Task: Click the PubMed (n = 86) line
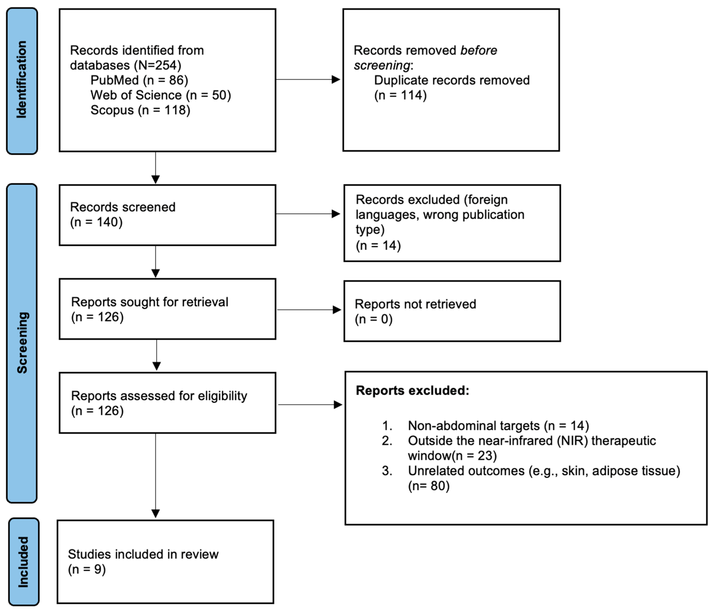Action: pos(139,80)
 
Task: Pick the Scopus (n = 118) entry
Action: pos(140,110)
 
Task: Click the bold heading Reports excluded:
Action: pos(412,391)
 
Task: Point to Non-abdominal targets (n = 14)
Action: pos(498,426)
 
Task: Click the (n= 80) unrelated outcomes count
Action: pos(428,486)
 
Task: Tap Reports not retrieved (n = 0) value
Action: pos(374,319)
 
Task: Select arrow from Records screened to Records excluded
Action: pos(308,214)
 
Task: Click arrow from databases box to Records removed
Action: pos(308,80)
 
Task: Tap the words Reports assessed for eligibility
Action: pos(159,396)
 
